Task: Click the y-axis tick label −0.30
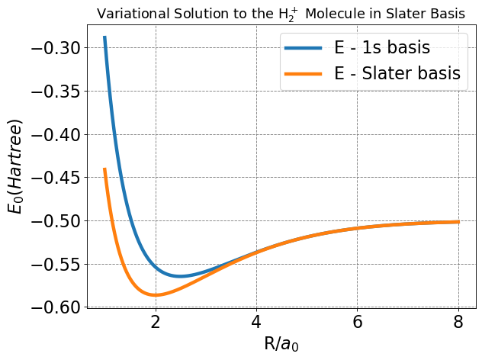click(x=55, y=48)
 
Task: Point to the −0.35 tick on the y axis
click(x=55, y=92)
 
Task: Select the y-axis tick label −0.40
click(x=55, y=134)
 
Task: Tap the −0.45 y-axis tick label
click(x=55, y=178)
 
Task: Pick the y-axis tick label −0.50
click(x=55, y=221)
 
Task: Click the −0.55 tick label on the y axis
click(x=55, y=265)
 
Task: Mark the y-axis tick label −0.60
click(x=55, y=307)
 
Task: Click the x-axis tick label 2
click(x=156, y=323)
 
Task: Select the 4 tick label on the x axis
click(x=256, y=323)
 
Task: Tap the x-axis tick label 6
click(x=358, y=323)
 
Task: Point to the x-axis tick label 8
click(x=458, y=323)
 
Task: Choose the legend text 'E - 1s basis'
click(x=382, y=48)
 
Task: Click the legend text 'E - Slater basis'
click(x=397, y=73)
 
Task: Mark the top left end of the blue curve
click(x=104, y=37)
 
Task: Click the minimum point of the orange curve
click(x=156, y=294)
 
